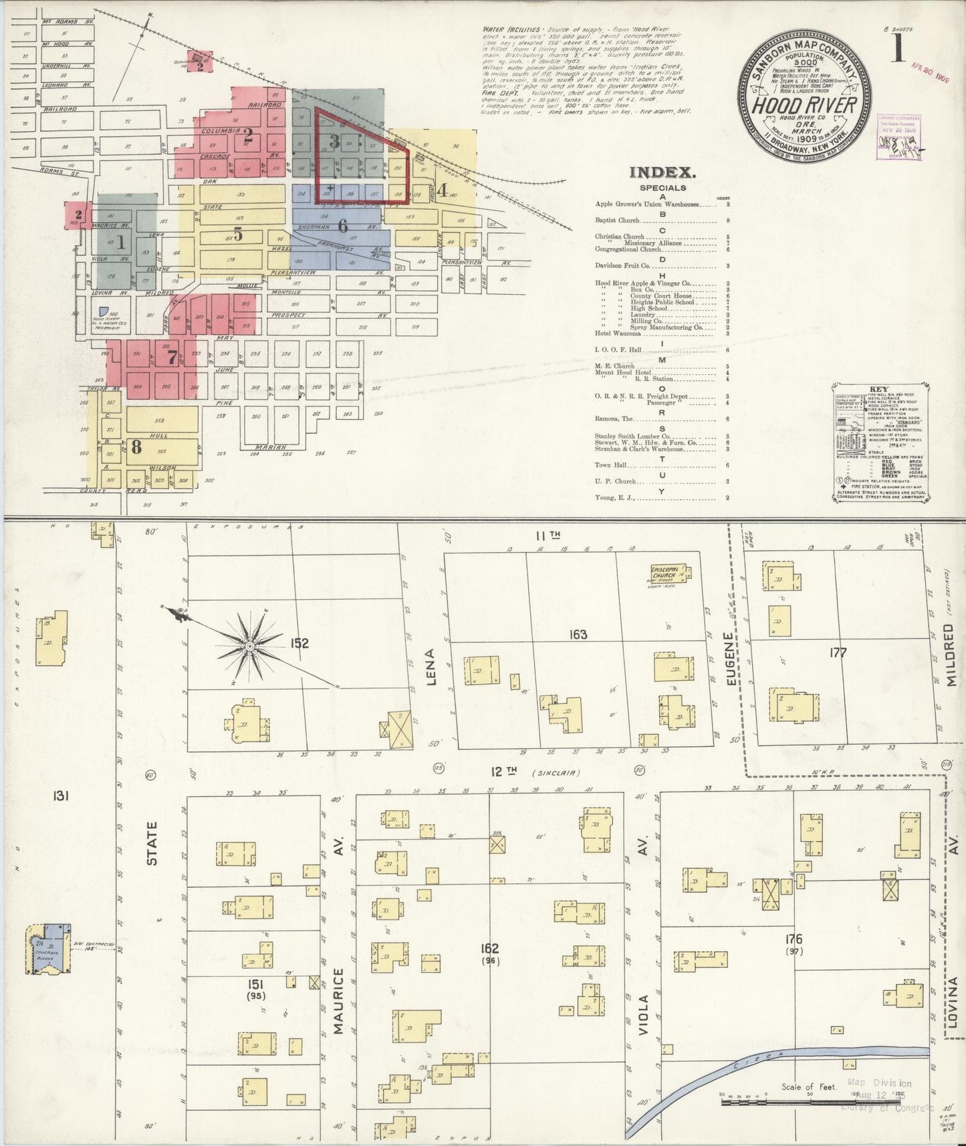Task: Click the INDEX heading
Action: (662, 173)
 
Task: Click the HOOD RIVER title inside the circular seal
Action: (804, 105)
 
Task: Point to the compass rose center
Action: (249, 647)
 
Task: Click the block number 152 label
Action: (299, 643)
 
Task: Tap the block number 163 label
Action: (578, 635)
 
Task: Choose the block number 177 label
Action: (837, 653)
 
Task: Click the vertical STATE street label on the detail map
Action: (152, 844)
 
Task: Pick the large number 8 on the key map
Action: (136, 446)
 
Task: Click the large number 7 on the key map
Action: (172, 358)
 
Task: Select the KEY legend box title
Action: (878, 388)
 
